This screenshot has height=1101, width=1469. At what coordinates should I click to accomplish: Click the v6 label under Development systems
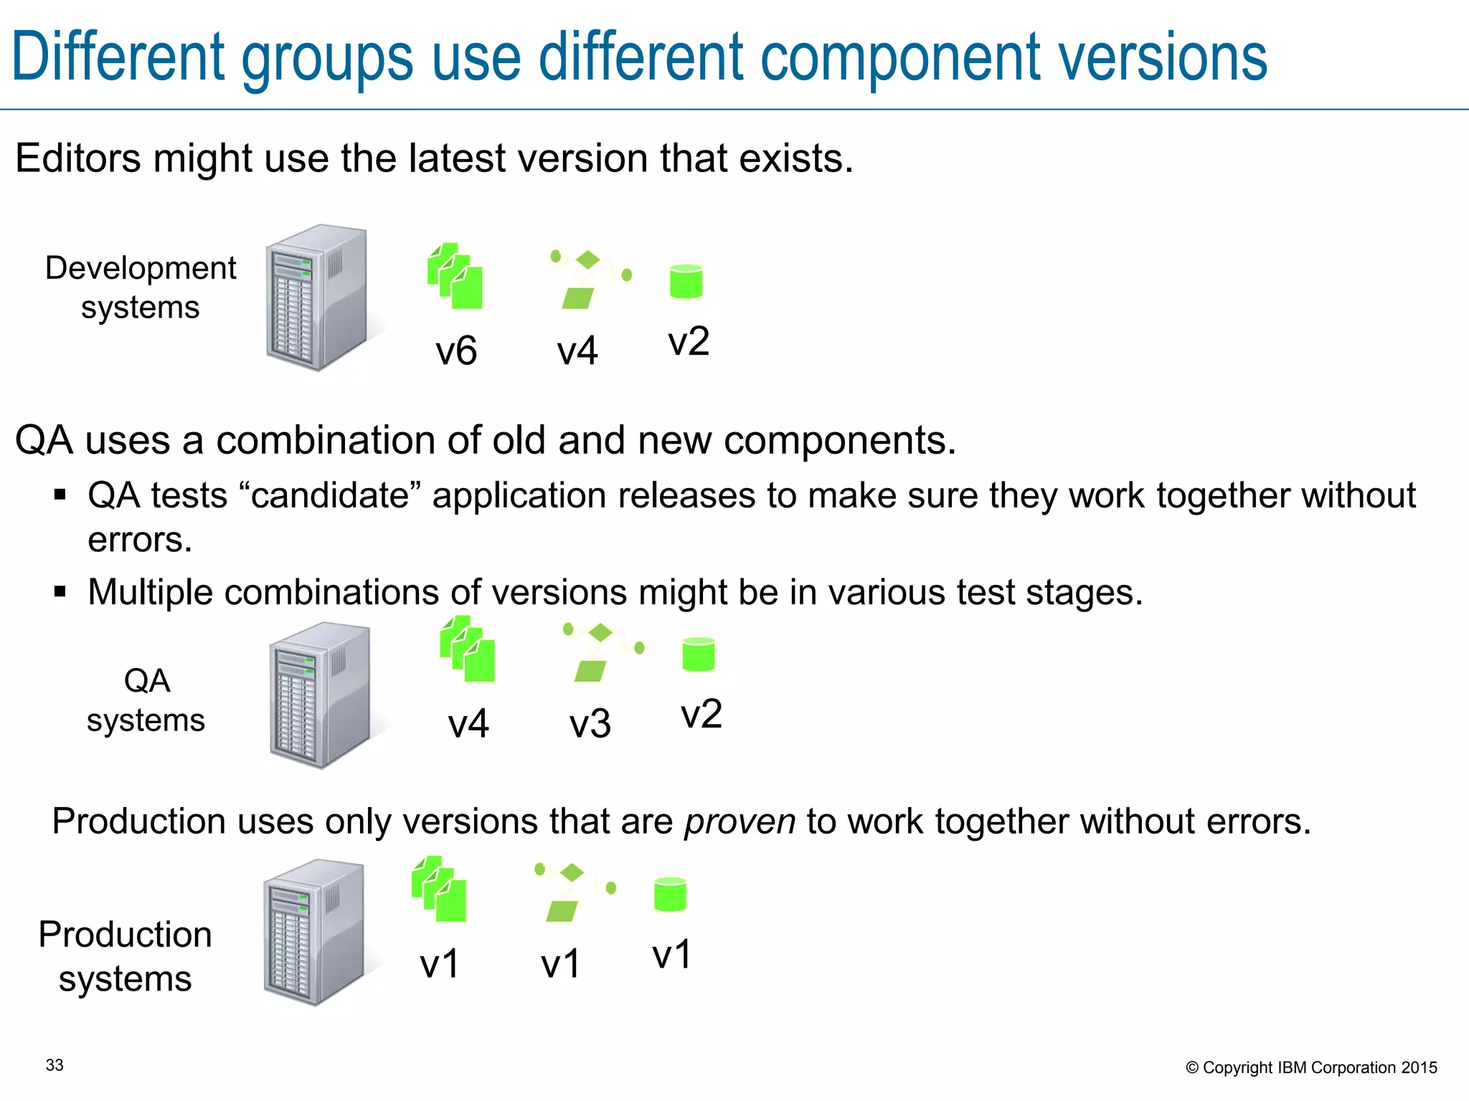[456, 351]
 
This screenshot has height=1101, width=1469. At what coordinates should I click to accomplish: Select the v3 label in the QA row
[590, 724]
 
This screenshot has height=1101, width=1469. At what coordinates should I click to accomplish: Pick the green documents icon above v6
[455, 276]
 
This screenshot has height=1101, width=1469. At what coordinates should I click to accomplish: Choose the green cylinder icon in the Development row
[686, 281]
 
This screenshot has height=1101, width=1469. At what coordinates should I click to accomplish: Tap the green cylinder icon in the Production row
[671, 895]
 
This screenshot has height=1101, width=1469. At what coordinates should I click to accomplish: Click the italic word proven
[740, 821]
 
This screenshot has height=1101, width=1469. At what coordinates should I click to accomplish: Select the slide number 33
[55, 1065]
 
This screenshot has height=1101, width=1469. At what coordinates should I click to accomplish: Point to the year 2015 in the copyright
[1419, 1068]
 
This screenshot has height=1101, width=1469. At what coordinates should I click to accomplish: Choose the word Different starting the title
[118, 57]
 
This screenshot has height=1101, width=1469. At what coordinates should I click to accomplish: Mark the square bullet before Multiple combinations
[60, 592]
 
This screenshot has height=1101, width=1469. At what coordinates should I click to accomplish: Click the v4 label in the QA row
[468, 724]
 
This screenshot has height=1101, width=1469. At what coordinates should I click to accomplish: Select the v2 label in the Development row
[689, 342]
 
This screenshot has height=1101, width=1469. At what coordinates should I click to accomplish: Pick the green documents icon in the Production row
[439, 889]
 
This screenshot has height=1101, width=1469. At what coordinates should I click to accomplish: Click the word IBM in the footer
[1292, 1068]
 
